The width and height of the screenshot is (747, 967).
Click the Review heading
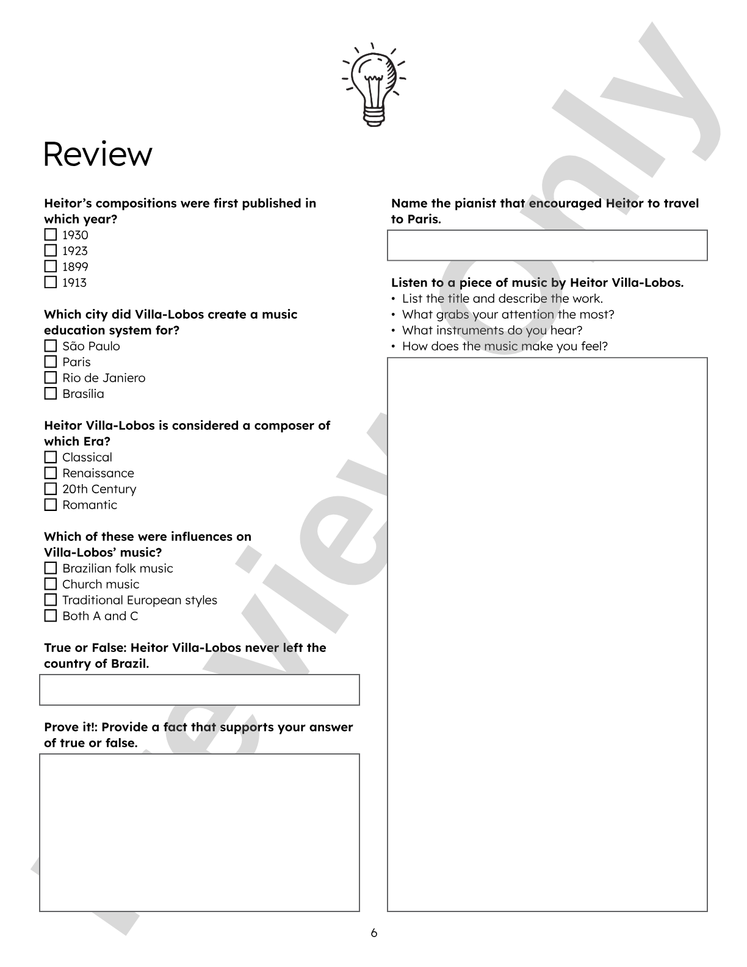98,154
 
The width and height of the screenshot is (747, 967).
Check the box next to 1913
51,283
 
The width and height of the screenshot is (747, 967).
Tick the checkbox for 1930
51,235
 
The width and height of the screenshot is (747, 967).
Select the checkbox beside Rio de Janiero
51,378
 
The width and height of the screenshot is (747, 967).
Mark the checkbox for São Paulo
51,346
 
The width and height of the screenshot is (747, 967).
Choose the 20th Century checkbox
51,489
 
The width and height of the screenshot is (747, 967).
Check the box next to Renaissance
51,473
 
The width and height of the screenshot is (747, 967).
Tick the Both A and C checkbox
51,616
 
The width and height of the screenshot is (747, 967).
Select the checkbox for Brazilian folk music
51,568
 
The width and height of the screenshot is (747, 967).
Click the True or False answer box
200,690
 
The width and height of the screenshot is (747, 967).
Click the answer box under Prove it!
200,833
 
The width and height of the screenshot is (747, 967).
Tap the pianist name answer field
547,245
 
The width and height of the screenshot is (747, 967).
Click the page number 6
374,933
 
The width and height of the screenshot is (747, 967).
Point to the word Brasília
83,394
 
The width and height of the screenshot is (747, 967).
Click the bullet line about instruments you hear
492,330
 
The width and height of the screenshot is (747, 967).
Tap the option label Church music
101,584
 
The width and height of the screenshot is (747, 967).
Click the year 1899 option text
75,267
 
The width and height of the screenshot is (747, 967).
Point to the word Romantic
90,505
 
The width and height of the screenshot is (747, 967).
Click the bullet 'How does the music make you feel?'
505,346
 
